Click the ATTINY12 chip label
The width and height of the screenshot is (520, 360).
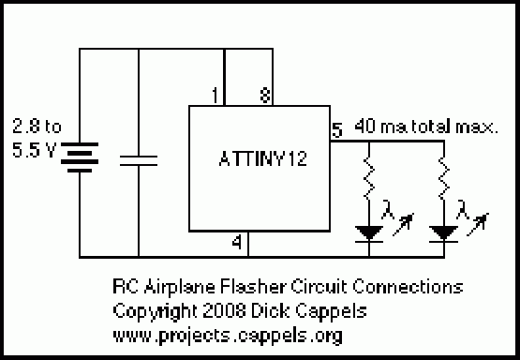click(262, 158)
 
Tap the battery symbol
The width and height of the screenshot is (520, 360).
click(80, 157)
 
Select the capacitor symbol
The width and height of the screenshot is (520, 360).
click(139, 160)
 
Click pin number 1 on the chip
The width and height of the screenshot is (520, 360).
click(215, 96)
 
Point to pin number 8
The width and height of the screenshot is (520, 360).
click(264, 96)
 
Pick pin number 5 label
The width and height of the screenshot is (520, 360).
click(337, 129)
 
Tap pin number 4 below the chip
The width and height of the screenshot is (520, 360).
click(236, 243)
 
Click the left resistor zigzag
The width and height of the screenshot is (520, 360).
click(369, 178)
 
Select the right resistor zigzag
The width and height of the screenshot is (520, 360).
click(444, 178)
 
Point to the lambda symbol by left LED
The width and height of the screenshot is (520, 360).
click(387, 209)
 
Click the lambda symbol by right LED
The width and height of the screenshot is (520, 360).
click(462, 209)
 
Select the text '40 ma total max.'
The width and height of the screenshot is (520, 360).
click(426, 127)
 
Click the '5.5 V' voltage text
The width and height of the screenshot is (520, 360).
click(34, 150)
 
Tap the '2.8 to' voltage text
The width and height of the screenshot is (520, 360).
click(37, 126)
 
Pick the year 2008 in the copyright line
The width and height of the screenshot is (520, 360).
click(224, 311)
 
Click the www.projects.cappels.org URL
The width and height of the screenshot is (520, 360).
click(228, 336)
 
